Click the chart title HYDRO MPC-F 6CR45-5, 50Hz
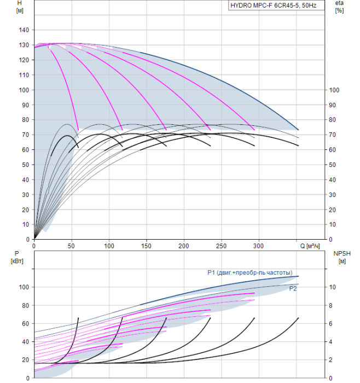coord(274,5)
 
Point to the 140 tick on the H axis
coord(24,30)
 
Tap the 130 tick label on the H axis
coord(24,45)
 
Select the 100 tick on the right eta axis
coord(334,90)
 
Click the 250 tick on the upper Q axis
coord(221,246)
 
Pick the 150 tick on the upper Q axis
coord(146,246)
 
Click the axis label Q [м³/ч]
coord(310,246)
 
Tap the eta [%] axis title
coord(339,7)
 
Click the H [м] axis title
coord(20,7)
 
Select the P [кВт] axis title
coord(17,258)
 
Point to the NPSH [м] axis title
coord(342,258)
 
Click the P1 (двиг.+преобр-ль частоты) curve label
coord(250,272)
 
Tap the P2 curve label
coord(293,289)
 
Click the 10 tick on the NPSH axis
coord(333,287)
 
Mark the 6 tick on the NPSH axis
coord(330,324)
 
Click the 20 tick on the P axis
coord(25,360)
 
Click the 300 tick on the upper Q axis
coord(258,246)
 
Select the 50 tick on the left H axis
coord(25,165)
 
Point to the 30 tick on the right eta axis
coord(333,195)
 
